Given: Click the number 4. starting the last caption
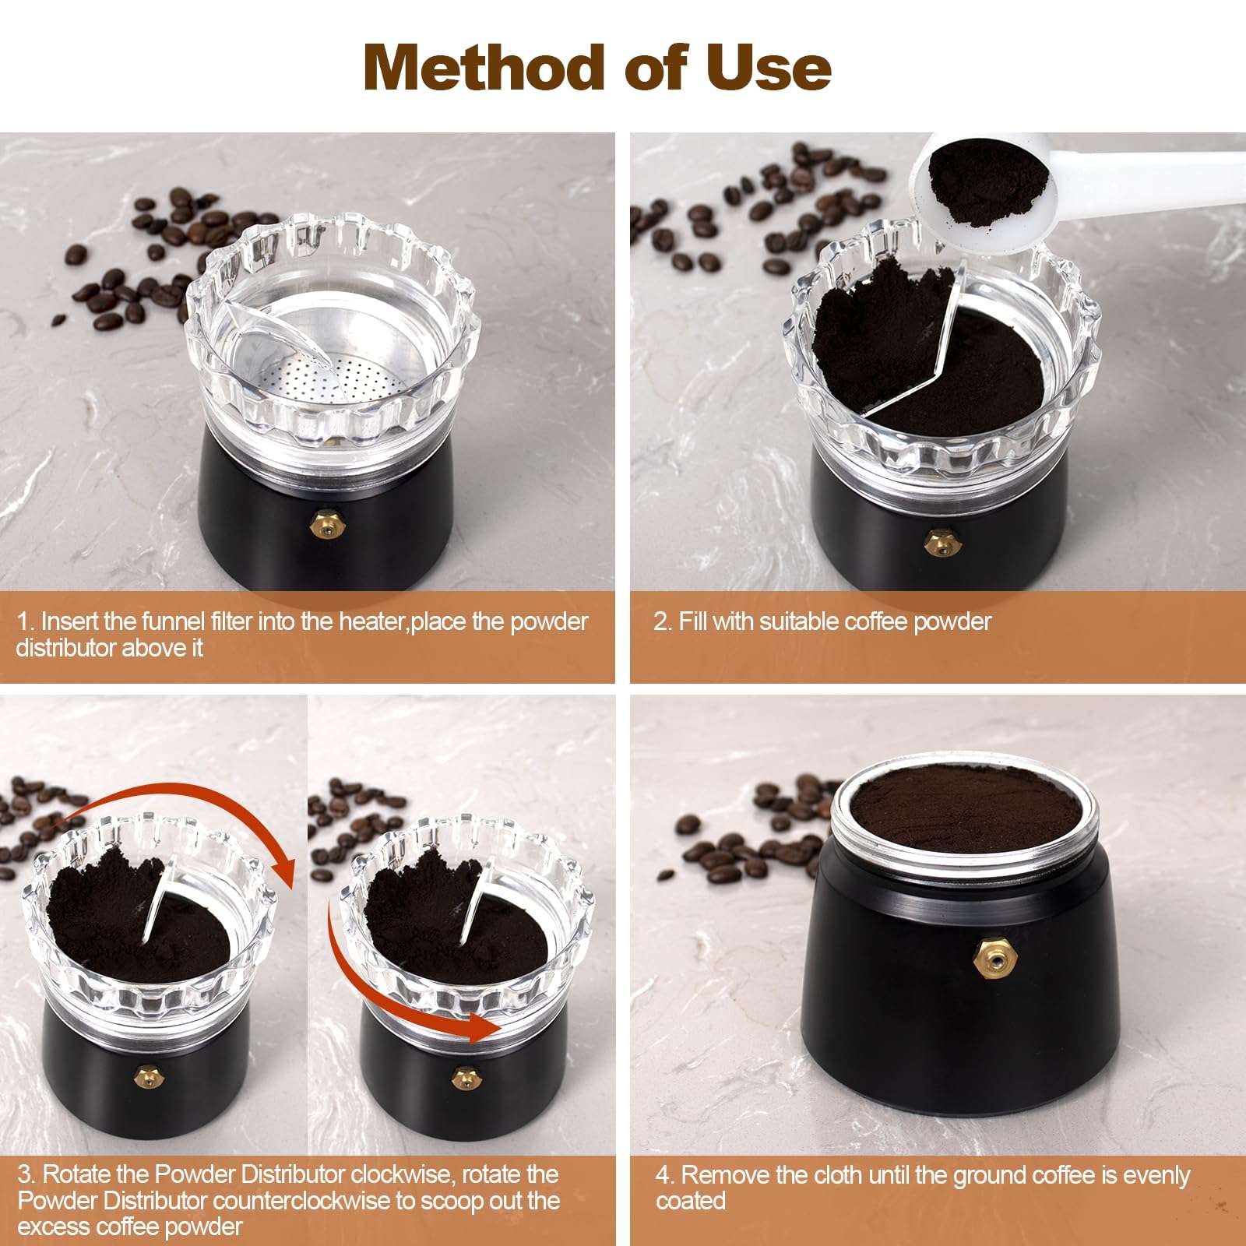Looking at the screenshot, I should pos(664,1174).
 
